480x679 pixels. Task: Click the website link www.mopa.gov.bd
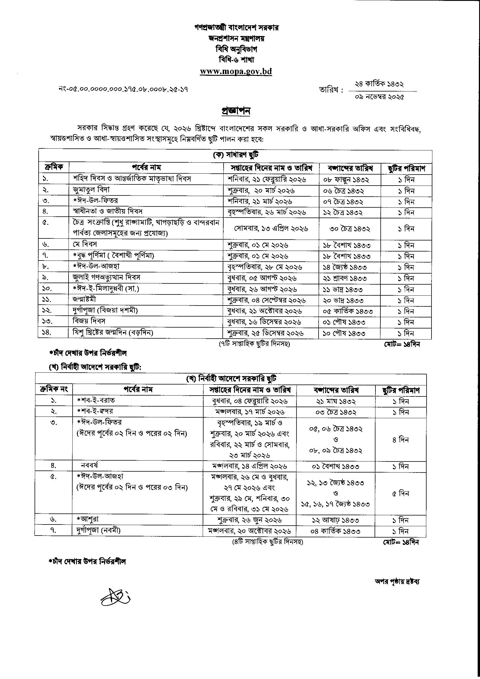[236, 71]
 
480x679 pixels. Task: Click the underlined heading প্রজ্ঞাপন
[236, 111]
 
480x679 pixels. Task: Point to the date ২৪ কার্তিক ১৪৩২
[380, 84]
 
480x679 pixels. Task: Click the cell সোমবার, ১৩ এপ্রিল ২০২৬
[271, 229]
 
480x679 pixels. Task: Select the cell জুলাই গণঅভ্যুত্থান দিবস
[107, 277]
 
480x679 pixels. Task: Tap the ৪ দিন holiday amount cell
[400, 440]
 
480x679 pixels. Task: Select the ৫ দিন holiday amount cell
[400, 493]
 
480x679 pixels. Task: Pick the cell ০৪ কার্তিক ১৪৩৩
[335, 531]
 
